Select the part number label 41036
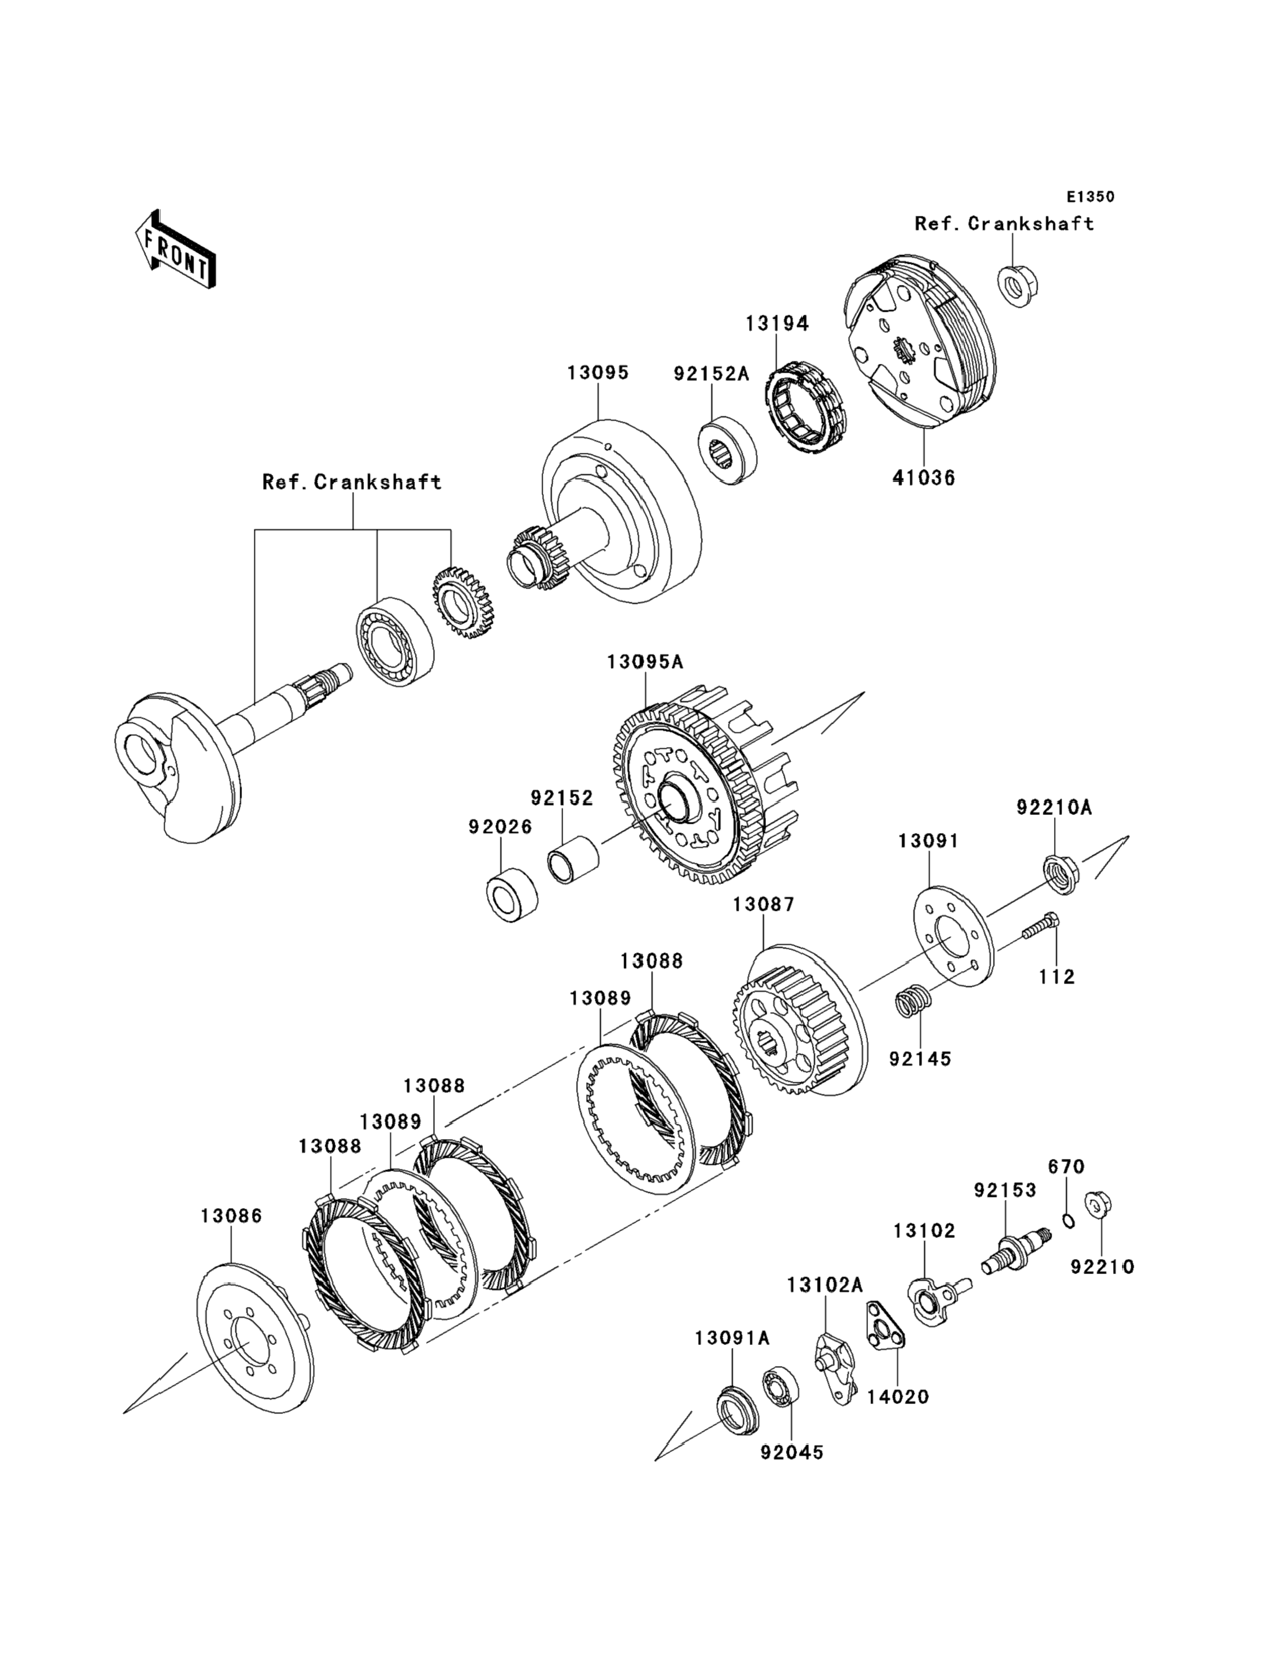tap(924, 479)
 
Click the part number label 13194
tap(777, 323)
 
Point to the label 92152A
tap(711, 373)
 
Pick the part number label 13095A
tap(645, 662)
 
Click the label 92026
tap(500, 827)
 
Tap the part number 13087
tap(763, 905)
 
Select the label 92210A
tap(1054, 807)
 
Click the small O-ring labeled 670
tap(1069, 1222)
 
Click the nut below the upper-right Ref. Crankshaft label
tap(1017, 287)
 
